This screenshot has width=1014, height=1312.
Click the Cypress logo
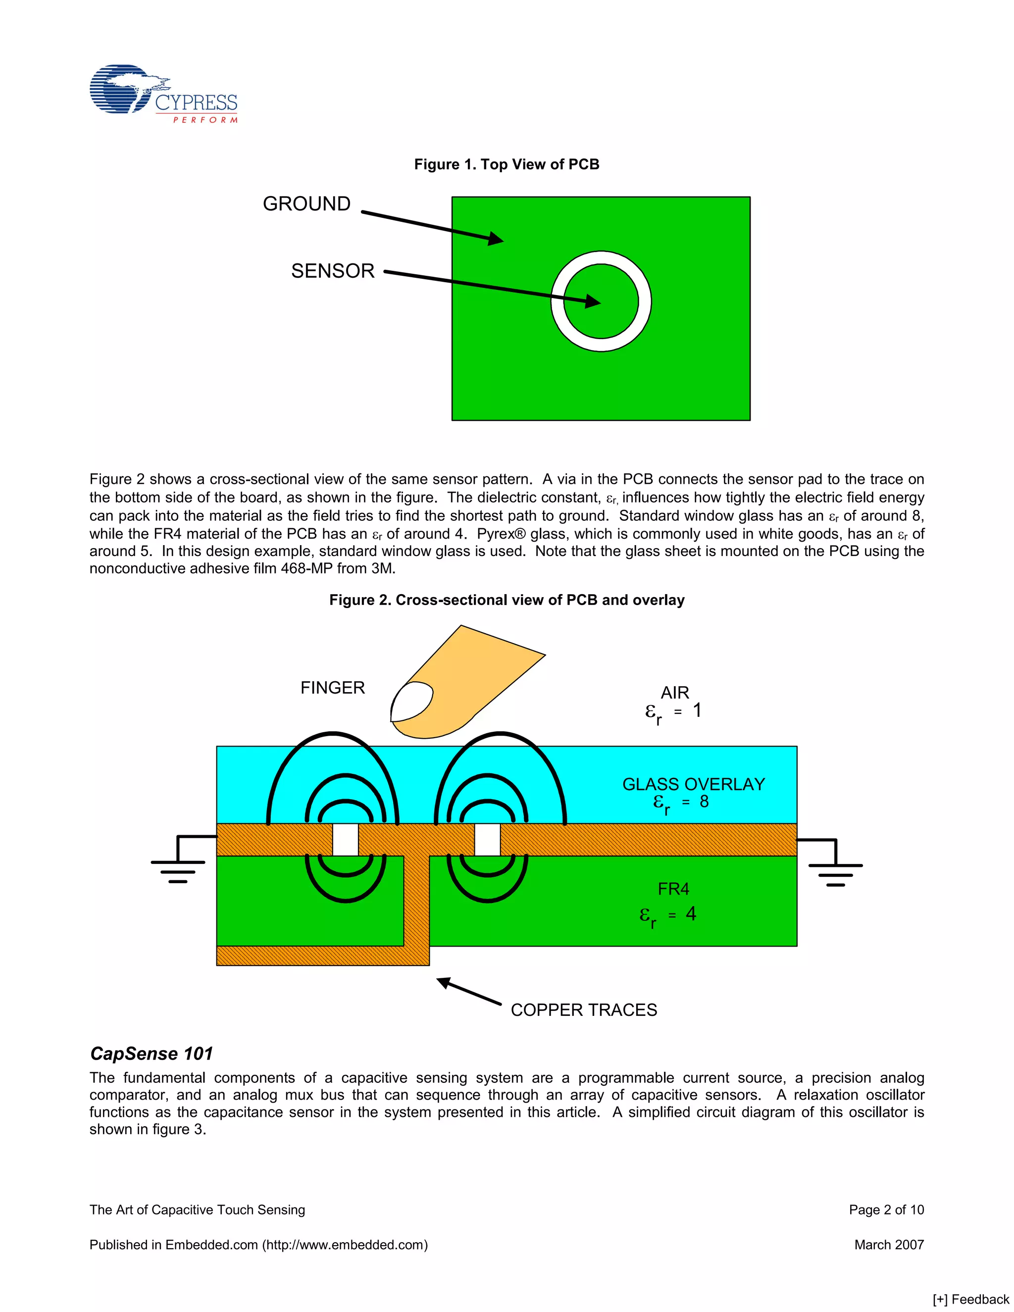(x=163, y=94)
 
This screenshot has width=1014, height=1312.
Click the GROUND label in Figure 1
(x=306, y=204)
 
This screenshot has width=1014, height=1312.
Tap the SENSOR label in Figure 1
(x=333, y=271)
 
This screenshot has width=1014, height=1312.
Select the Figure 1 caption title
(x=507, y=164)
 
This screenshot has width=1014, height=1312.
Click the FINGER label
(x=332, y=688)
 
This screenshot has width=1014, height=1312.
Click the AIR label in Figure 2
(x=675, y=693)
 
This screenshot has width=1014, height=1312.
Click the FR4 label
(x=673, y=889)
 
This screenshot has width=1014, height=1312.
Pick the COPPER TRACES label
(x=583, y=1010)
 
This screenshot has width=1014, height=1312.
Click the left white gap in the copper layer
(x=346, y=839)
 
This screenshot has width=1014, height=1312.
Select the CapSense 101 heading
(x=152, y=1054)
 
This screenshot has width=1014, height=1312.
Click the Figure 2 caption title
(x=507, y=600)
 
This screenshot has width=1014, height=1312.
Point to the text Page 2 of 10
(x=886, y=1210)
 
